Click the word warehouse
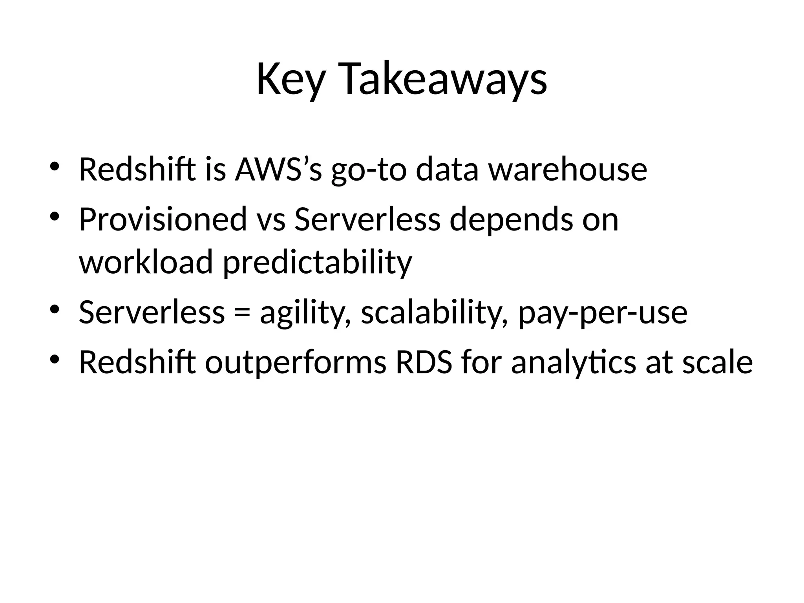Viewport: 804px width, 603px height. pos(568,169)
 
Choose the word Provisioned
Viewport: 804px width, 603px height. pos(163,219)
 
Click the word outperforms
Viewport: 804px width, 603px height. pos(296,362)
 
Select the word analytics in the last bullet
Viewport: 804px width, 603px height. pos(573,362)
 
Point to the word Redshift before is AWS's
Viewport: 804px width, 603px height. pos(137,169)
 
